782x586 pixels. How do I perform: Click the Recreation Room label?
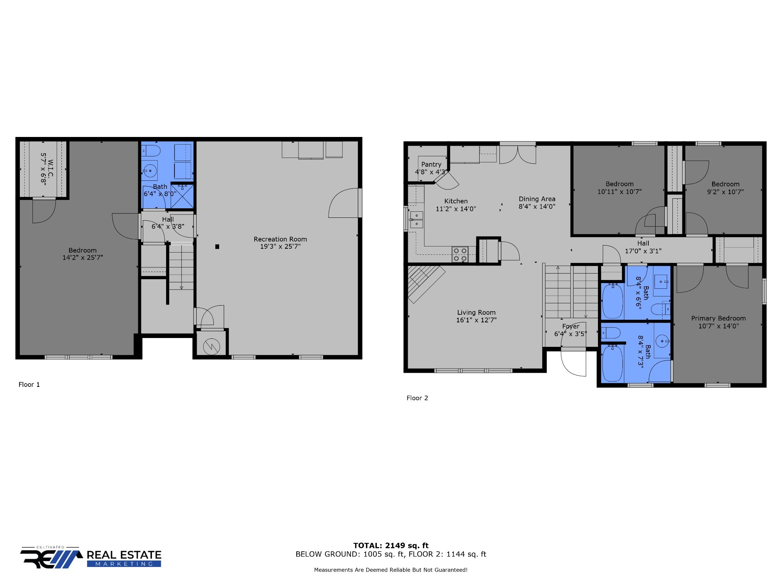point(280,239)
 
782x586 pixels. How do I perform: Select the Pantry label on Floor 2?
point(431,164)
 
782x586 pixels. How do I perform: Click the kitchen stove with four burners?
point(460,254)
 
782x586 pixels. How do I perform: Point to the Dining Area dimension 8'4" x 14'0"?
point(537,206)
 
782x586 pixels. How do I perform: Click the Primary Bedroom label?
point(718,318)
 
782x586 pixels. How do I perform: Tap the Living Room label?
point(476,312)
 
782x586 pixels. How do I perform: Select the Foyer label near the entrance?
point(571,326)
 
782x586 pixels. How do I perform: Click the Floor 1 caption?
point(29,385)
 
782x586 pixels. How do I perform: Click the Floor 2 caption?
point(417,398)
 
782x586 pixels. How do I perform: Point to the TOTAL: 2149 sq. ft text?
point(391,546)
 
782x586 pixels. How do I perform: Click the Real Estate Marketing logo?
point(91,557)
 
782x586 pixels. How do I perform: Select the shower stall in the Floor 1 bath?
point(182,196)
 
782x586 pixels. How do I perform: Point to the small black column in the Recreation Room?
point(217,246)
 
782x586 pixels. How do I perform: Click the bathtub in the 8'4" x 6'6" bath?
point(612,301)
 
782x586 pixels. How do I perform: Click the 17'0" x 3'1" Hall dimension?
point(643,251)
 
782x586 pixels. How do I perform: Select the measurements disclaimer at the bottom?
point(391,570)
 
